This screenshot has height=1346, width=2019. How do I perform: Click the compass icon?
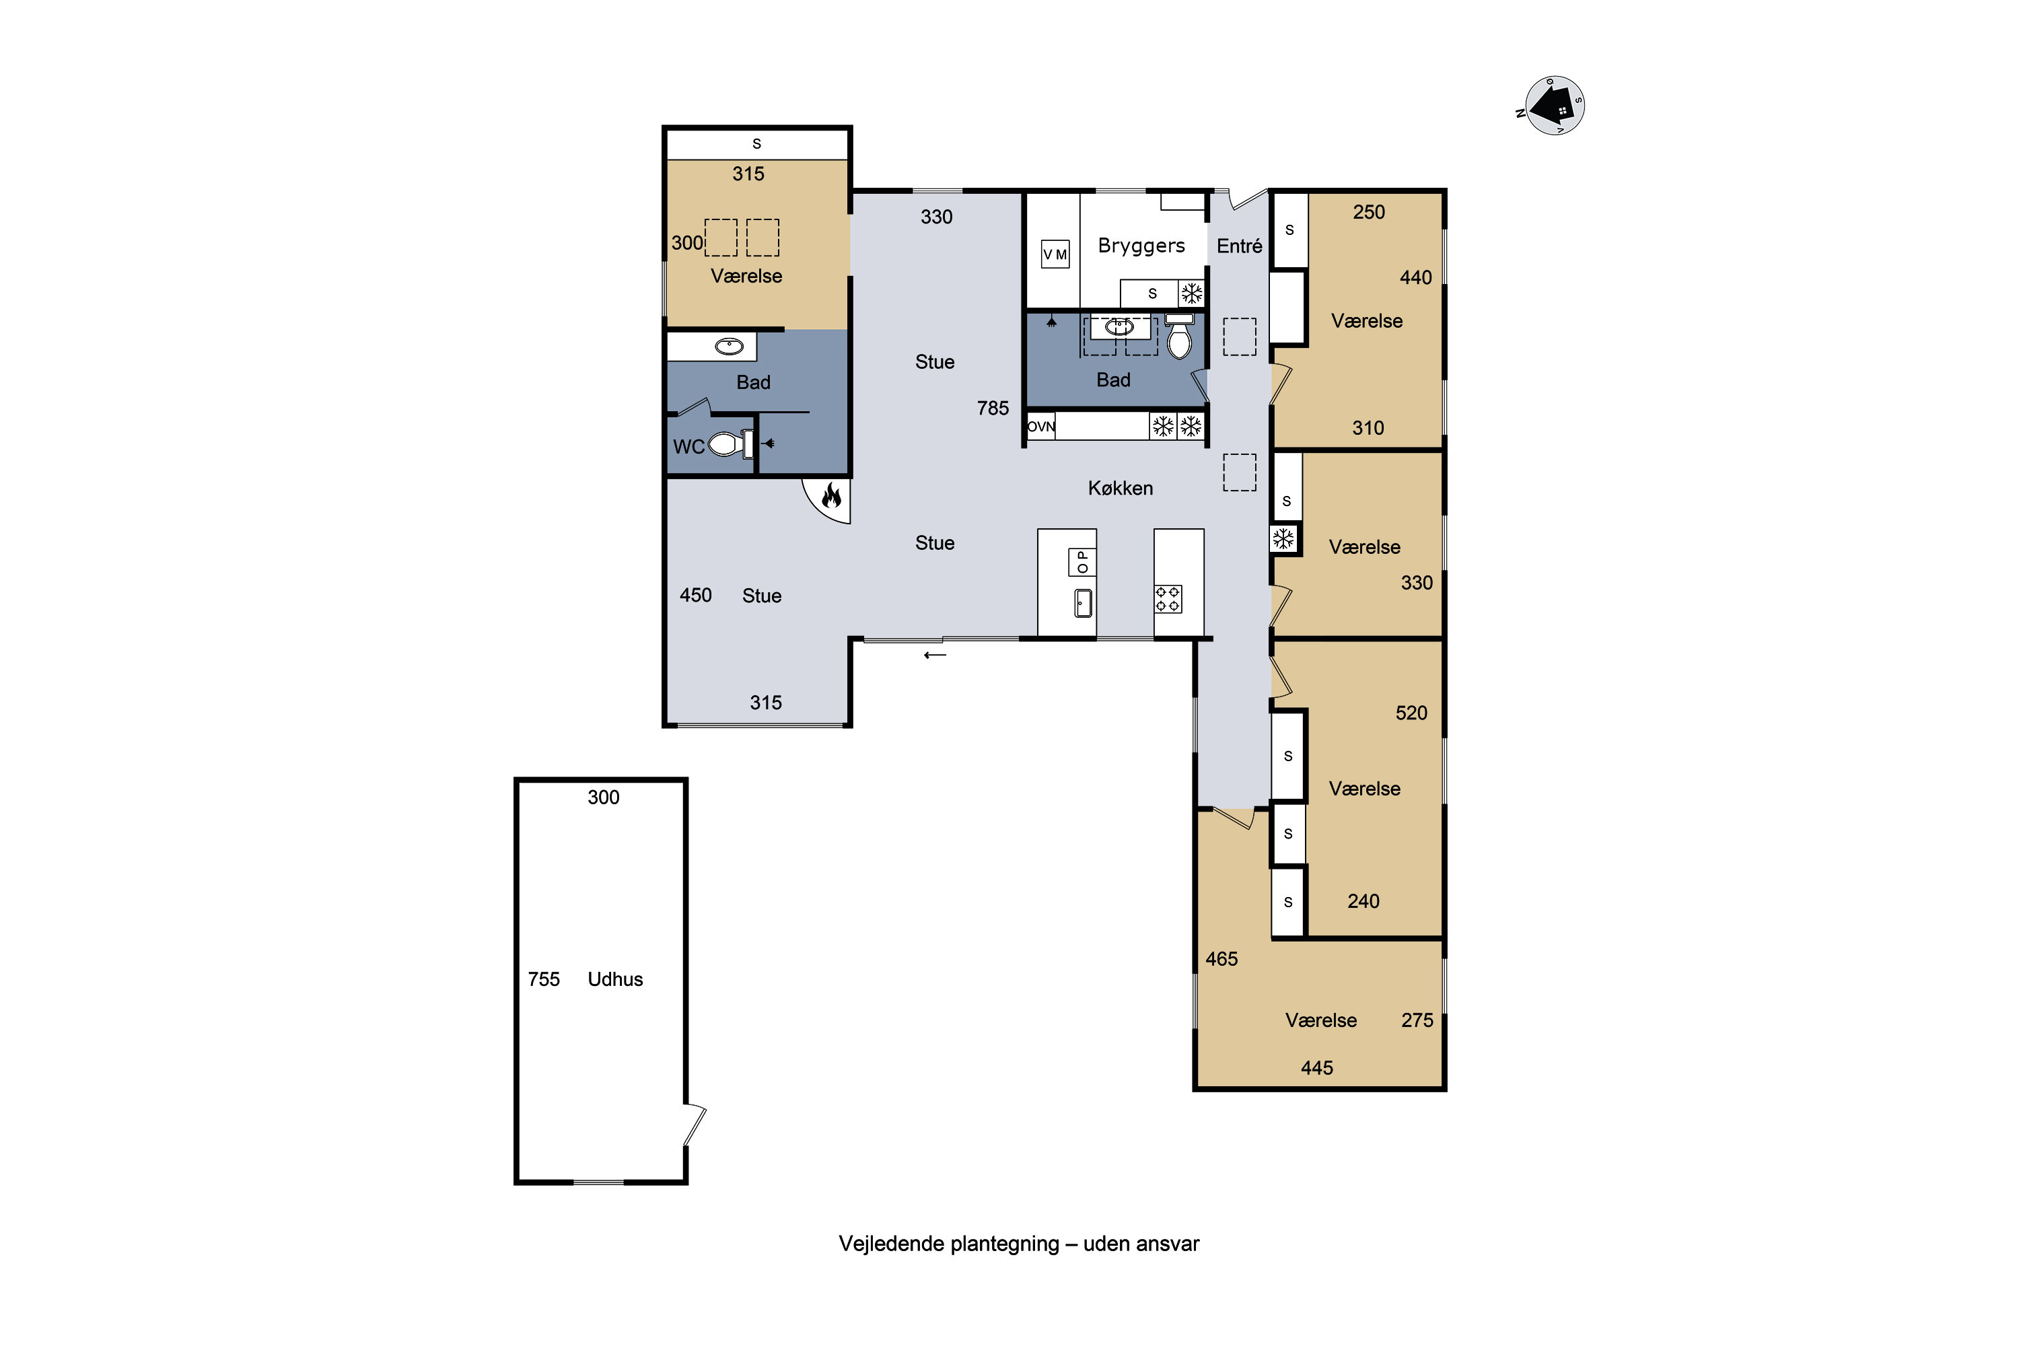click(1554, 106)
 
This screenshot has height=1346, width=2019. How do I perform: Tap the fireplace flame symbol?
click(831, 495)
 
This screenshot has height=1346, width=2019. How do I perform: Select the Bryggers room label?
click(1141, 246)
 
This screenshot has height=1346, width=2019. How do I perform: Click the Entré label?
click(1239, 246)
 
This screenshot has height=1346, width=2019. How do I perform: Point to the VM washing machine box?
click(1055, 254)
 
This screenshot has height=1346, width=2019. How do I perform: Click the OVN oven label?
click(1041, 427)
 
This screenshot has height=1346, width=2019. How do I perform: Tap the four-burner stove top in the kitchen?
click(1168, 599)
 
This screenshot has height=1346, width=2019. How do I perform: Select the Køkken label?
click(1121, 489)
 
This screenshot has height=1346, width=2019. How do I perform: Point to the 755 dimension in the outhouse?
click(543, 979)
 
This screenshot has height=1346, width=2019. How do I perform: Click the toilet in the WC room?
click(730, 444)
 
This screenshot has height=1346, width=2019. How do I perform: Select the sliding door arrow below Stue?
click(935, 656)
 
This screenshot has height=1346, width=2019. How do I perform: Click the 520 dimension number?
click(1411, 713)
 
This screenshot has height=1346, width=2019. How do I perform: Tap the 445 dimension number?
click(1317, 1069)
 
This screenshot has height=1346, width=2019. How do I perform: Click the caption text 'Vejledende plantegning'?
click(948, 1244)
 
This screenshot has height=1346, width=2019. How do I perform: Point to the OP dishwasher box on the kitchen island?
click(1082, 562)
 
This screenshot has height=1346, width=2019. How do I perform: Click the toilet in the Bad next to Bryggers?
click(1180, 336)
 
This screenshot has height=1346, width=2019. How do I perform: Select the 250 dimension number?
click(1369, 212)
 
